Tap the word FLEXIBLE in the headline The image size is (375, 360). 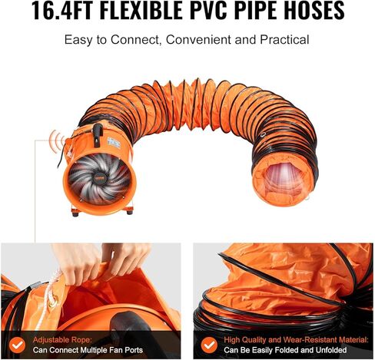point(141,10)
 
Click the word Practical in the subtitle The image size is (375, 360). point(284,40)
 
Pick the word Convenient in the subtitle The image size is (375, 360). point(198,40)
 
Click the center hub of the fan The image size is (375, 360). point(98,177)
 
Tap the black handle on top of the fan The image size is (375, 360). point(98,135)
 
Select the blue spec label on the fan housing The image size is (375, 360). point(114,144)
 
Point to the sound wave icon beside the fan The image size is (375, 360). point(58,139)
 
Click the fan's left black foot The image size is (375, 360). point(75,213)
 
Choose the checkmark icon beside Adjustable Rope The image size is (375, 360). point(17,345)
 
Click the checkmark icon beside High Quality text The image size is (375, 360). point(209,345)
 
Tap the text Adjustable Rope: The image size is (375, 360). point(62,340)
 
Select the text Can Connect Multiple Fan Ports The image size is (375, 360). point(88,350)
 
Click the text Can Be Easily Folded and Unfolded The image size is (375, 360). point(285,350)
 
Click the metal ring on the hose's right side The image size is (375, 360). point(263,135)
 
